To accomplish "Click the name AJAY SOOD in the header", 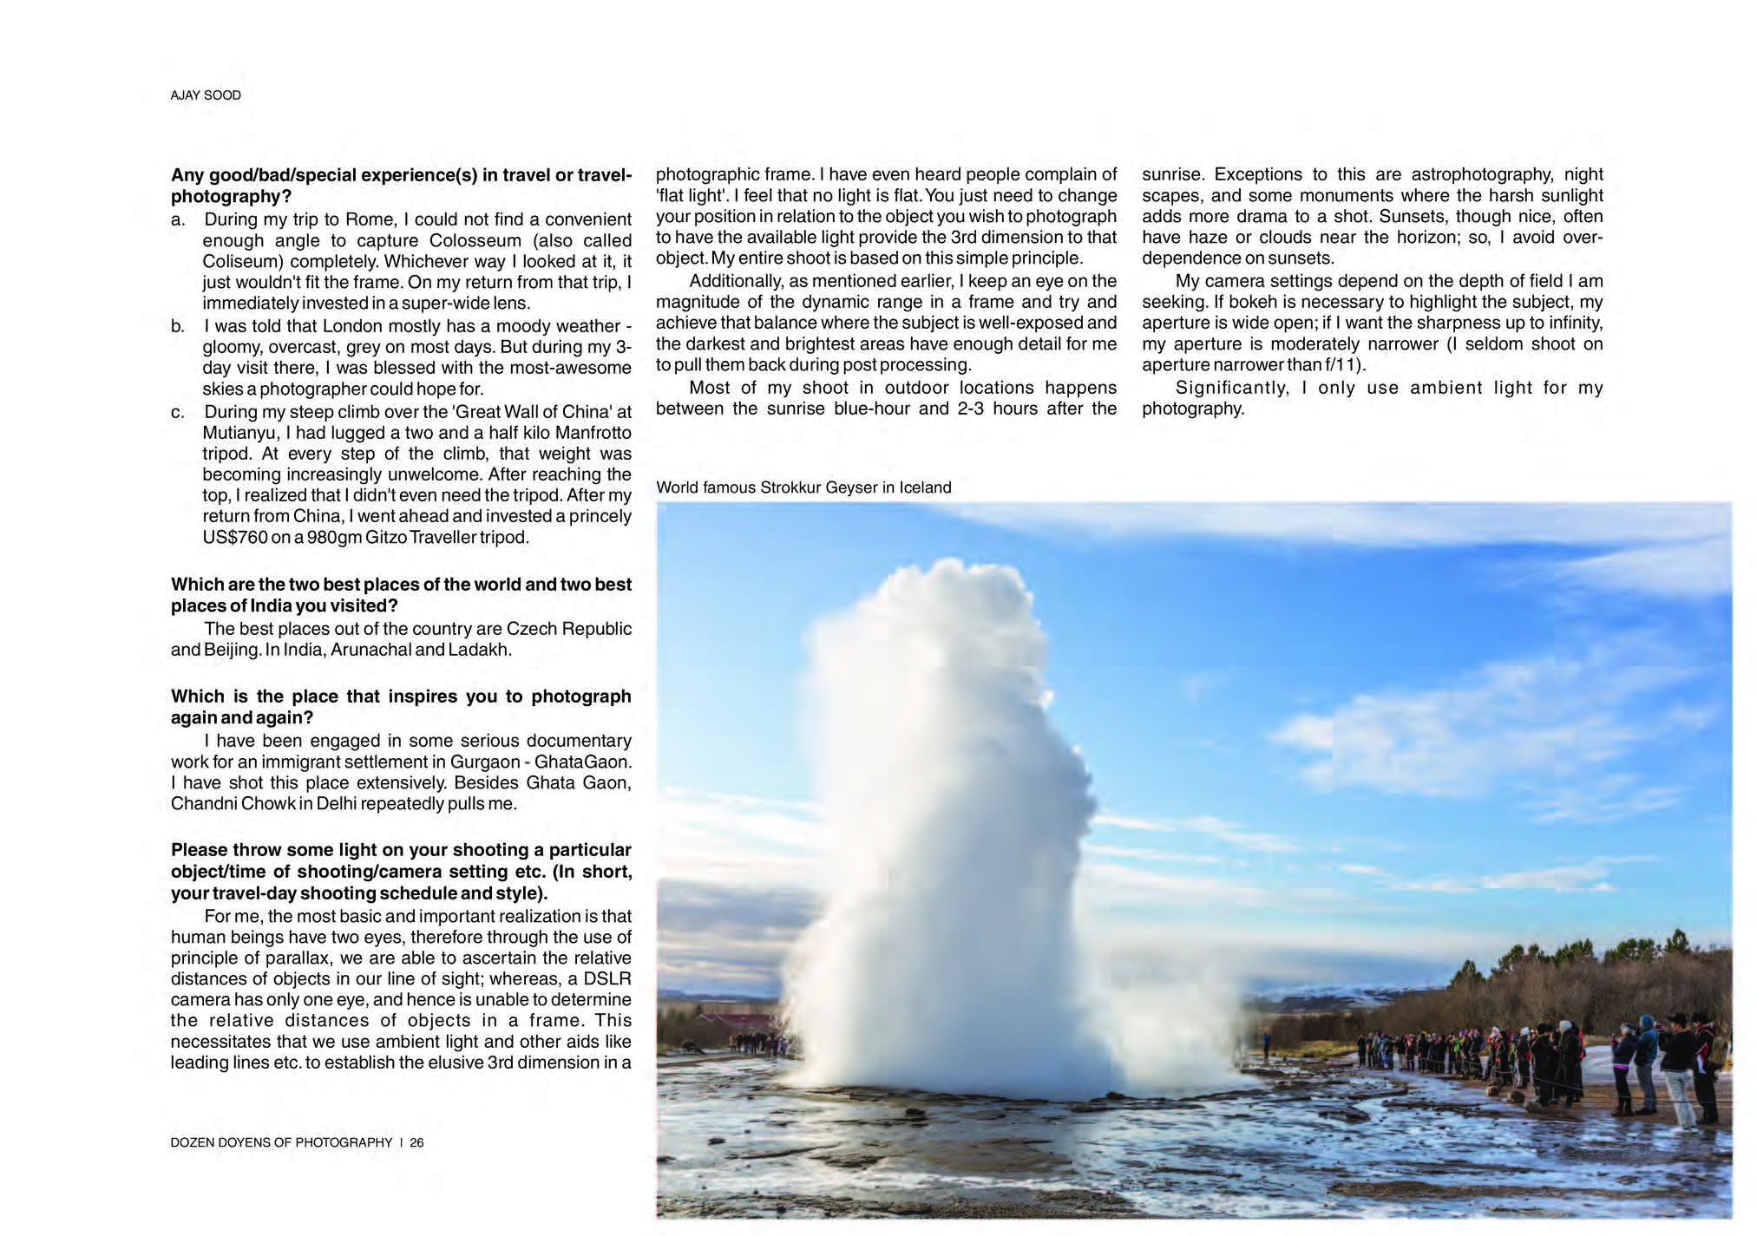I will coord(205,95).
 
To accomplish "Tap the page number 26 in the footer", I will coord(416,1142).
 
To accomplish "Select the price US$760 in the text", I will coord(234,538).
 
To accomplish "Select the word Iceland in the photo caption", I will coord(925,487).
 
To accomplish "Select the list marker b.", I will coord(177,327).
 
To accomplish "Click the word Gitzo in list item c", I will coord(386,538).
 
